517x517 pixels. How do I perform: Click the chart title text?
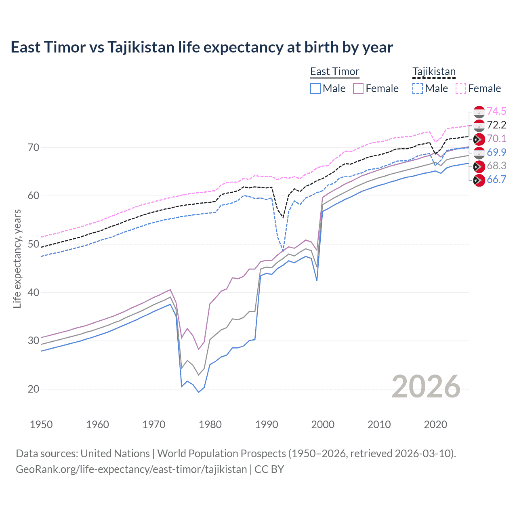(202, 47)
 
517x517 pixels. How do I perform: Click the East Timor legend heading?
(334, 71)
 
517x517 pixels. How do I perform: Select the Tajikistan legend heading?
(434, 71)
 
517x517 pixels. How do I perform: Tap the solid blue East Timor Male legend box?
(315, 88)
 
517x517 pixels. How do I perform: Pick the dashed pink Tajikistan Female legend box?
(461, 88)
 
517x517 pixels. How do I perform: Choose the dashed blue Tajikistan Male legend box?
(418, 88)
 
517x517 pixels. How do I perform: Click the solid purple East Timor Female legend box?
(358, 88)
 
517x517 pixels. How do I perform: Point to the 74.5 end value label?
(496, 111)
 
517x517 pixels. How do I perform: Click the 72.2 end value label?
(496, 125)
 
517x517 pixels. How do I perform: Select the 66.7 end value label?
(496, 180)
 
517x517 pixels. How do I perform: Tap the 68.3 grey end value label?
(496, 166)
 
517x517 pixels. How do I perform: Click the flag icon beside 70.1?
(479, 139)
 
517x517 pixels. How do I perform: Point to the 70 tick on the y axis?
(34, 147)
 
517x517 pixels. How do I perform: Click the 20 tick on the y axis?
(34, 389)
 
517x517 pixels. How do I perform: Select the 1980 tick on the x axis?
(210, 425)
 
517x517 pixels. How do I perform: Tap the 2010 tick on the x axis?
(379, 425)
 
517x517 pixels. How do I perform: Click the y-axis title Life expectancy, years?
(17, 258)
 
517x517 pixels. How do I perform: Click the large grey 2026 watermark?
(426, 387)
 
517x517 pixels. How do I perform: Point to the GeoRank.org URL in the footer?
(131, 469)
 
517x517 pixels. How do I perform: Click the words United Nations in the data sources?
(115, 454)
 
